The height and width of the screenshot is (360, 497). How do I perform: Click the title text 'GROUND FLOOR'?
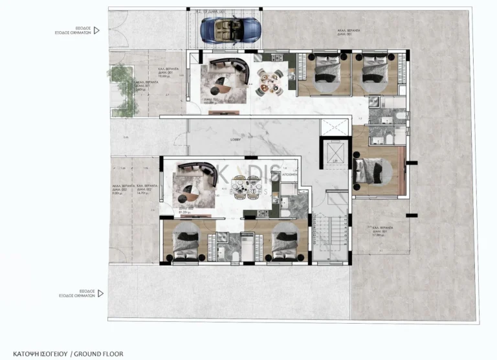coord(98,354)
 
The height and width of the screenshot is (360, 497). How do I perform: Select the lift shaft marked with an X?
coord(333,154)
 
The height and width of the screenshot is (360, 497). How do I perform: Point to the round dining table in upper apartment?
coord(267,80)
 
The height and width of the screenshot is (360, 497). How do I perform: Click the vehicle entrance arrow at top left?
coord(96,30)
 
